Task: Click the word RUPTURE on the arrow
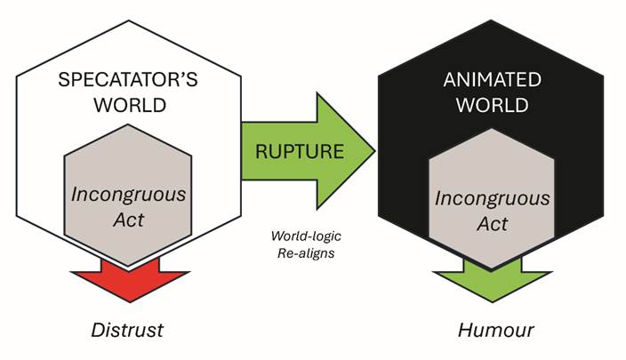click(300, 151)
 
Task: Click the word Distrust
click(128, 331)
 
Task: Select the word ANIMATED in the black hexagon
click(492, 79)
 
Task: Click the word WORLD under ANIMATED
click(492, 105)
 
